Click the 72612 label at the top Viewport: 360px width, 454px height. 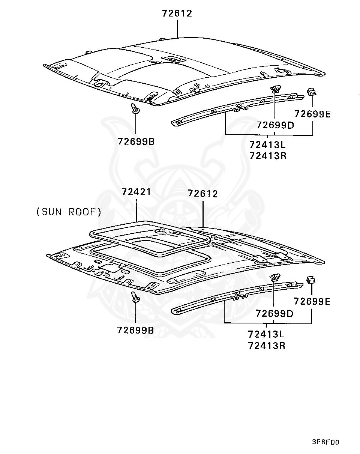[177, 14]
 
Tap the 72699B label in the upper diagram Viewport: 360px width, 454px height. [136, 142]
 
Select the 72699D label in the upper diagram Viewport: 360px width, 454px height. [275, 125]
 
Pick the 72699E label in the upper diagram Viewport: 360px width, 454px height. [312, 114]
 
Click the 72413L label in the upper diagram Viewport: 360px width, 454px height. [268, 144]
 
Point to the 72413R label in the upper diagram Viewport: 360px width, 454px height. [268, 155]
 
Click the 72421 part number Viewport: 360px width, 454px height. [136, 192]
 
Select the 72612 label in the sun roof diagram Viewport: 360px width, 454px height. [203, 194]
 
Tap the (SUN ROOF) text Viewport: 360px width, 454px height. [69, 212]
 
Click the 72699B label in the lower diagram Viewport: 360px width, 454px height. [135, 330]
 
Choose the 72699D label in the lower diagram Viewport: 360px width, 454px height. [274, 313]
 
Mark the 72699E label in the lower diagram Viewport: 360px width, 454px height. [312, 302]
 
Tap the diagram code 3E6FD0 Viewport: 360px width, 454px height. [325, 442]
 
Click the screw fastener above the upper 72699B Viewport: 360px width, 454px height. [135, 109]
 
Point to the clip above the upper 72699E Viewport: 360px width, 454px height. [311, 92]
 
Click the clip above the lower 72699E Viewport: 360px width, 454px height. [310, 280]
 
